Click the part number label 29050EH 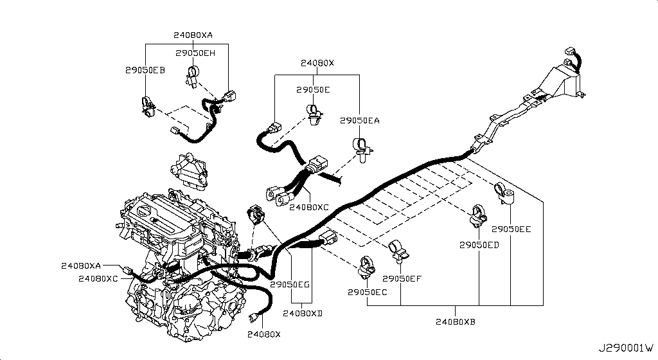pyautogui.click(x=195, y=53)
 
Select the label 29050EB pyautogui.click(x=145, y=70)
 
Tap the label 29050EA pyautogui.click(x=360, y=120)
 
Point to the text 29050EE pyautogui.click(x=511, y=229)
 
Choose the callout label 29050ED pyautogui.click(x=479, y=245)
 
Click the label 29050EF pyautogui.click(x=402, y=278)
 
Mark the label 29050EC pyautogui.click(x=368, y=292)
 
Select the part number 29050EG pyautogui.click(x=290, y=283)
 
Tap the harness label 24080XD pyautogui.click(x=303, y=313)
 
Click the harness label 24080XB pyautogui.click(x=455, y=321)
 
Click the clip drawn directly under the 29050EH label pyautogui.click(x=193, y=75)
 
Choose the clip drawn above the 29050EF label pyautogui.click(x=398, y=253)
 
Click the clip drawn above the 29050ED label pyautogui.click(x=479, y=216)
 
